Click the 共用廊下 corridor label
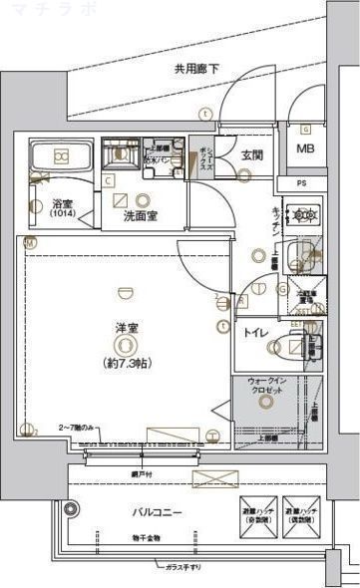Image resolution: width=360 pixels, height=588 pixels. pyautogui.click(x=196, y=69)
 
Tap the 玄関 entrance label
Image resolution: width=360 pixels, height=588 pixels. pyautogui.click(x=251, y=154)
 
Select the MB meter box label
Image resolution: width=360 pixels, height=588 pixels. pyautogui.click(x=305, y=150)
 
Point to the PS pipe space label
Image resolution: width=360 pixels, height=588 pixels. pyautogui.click(x=306, y=184)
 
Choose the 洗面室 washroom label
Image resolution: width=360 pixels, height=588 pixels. pyautogui.click(x=140, y=215)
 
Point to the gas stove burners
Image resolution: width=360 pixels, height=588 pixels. pyautogui.click(x=301, y=214)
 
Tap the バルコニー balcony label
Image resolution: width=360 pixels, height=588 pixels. pyautogui.click(x=158, y=513)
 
